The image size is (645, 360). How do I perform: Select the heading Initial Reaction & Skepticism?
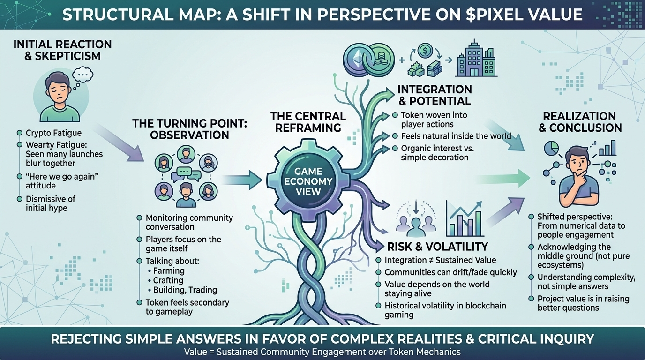[x=63, y=50]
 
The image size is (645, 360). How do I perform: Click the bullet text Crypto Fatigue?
[x=53, y=133]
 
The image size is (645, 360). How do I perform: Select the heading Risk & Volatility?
[x=437, y=247]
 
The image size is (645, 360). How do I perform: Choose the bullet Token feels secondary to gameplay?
[x=187, y=307]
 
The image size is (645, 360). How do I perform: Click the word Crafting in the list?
[x=168, y=280]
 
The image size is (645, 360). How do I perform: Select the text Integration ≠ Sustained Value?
[x=440, y=260]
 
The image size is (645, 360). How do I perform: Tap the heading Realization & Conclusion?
[x=582, y=121]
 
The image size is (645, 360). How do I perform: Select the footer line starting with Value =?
[x=322, y=352]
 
